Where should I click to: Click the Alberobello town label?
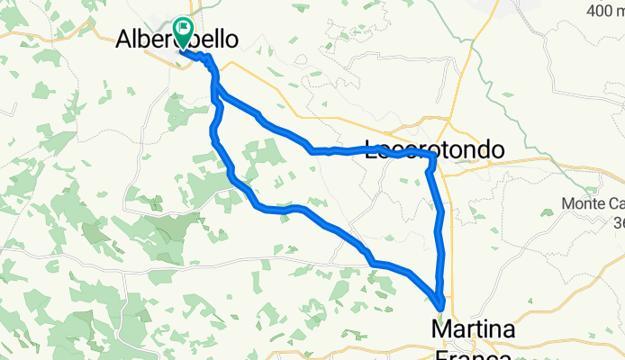177,40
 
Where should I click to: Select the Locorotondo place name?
433,150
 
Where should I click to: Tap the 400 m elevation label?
597,11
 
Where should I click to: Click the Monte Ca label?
594,203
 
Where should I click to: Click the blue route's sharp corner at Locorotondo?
434,157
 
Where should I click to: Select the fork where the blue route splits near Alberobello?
215,88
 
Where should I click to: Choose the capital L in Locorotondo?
372,150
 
